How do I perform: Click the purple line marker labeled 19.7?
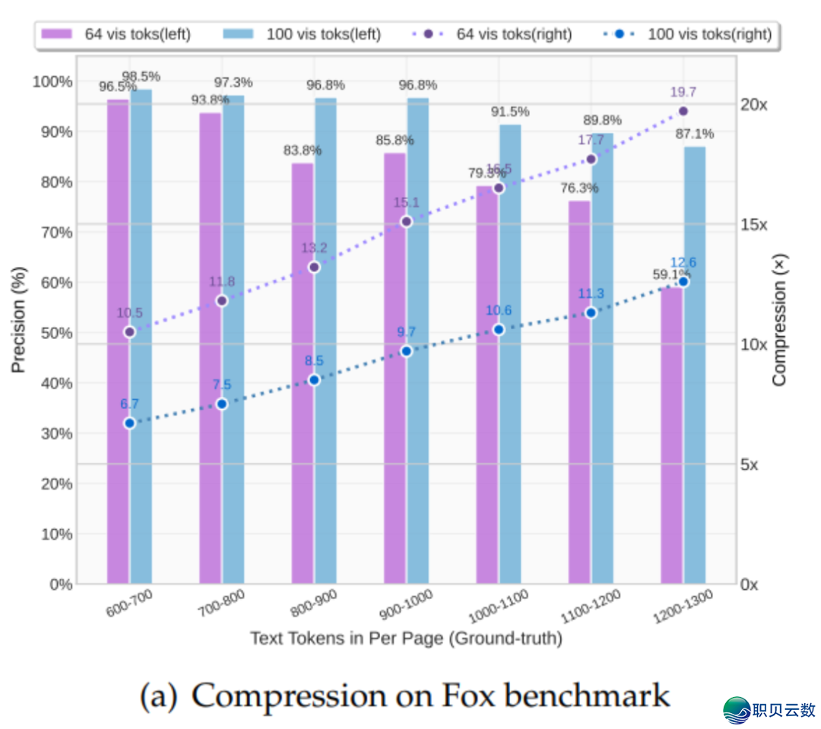pyautogui.click(x=683, y=111)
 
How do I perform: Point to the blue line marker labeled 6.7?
pyautogui.click(x=129, y=423)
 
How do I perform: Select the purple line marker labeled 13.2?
pyautogui.click(x=314, y=268)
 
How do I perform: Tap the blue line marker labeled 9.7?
pyautogui.click(x=406, y=351)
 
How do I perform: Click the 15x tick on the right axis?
pyautogui.click(x=754, y=225)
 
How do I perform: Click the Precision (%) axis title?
pyautogui.click(x=19, y=319)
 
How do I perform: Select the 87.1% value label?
pyautogui.click(x=695, y=134)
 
